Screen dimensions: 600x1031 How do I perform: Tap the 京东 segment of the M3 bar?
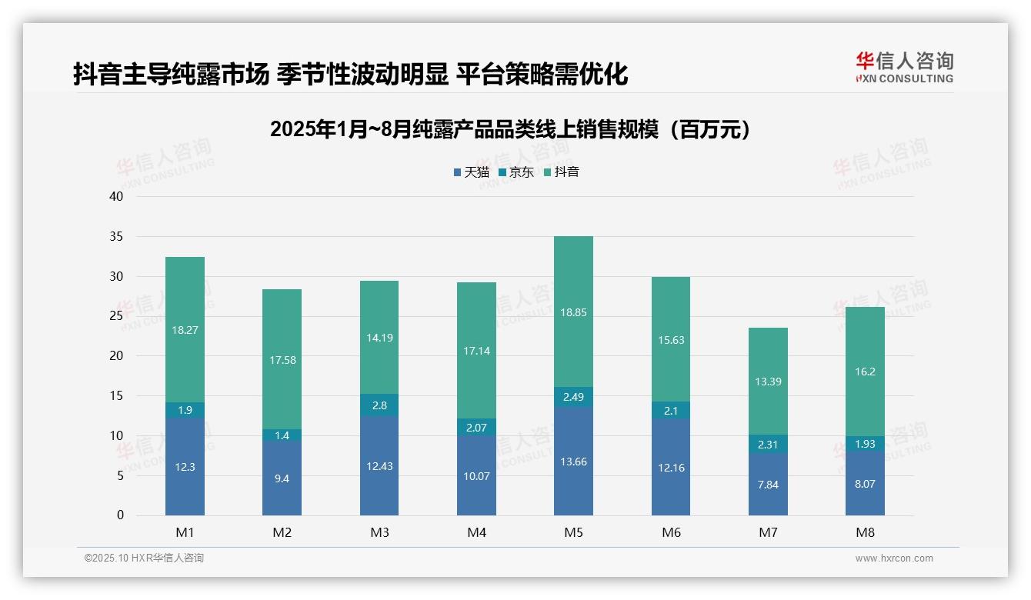[x=379, y=405]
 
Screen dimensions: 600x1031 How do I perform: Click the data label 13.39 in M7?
[x=768, y=382]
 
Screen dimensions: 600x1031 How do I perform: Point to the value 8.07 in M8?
[x=865, y=485]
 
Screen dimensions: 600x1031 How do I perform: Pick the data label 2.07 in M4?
[x=476, y=427]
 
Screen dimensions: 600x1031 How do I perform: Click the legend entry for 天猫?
[x=471, y=172]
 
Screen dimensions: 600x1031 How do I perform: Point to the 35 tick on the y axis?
[x=116, y=236]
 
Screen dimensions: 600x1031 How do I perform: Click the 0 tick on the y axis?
[x=120, y=515]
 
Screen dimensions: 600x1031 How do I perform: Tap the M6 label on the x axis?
[x=671, y=532]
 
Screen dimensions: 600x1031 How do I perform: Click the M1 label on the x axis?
[x=185, y=532]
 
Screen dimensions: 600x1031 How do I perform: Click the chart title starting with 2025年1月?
[x=510, y=129]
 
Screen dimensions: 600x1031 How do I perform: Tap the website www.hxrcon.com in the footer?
[x=894, y=558]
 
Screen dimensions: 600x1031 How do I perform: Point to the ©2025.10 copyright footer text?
[x=144, y=558]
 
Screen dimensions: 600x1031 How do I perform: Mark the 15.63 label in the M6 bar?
[x=671, y=340]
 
